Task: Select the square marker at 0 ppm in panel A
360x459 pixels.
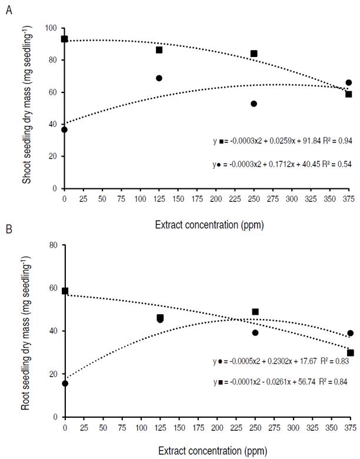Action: pyautogui.click(x=65, y=39)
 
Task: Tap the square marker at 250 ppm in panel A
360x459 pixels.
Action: pyautogui.click(x=254, y=54)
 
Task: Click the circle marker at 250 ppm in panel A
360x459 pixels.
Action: pyautogui.click(x=254, y=104)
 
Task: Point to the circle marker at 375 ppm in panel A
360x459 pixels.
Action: pyautogui.click(x=349, y=82)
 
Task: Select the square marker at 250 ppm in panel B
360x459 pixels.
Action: pyautogui.click(x=255, y=312)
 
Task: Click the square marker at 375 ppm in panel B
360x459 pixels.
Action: pyautogui.click(x=351, y=353)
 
